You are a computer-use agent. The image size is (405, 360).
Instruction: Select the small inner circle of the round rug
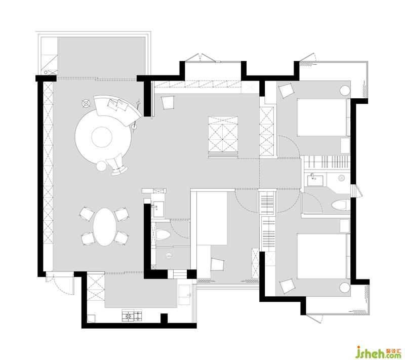102,137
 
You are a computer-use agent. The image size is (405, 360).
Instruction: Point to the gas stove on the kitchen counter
132,315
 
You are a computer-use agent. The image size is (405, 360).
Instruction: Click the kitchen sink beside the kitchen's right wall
185,295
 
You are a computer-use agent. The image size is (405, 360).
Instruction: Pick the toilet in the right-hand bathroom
339,205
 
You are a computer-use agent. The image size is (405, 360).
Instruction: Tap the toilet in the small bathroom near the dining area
163,234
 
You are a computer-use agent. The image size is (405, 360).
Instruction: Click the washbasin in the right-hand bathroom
315,180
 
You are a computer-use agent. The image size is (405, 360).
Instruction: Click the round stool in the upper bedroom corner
345,91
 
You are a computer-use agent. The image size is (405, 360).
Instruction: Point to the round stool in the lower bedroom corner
345,287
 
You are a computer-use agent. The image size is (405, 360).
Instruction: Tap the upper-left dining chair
87,213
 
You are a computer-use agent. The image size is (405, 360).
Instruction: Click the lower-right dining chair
121,238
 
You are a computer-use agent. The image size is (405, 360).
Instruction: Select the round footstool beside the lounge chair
101,166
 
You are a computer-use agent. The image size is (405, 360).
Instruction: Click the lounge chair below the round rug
117,165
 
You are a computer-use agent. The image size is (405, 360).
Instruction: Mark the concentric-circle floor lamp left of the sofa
86,104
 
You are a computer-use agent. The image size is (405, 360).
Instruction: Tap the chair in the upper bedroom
286,91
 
